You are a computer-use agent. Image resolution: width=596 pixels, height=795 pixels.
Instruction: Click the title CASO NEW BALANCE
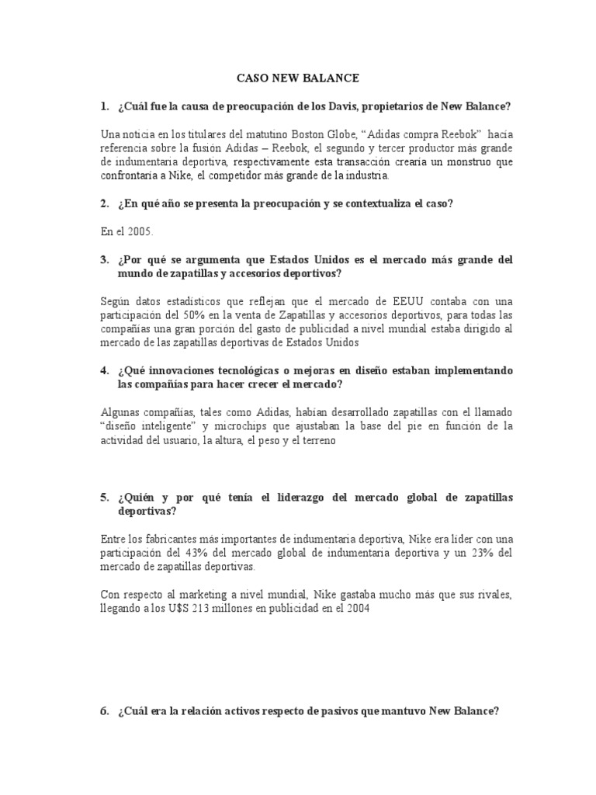click(x=298, y=78)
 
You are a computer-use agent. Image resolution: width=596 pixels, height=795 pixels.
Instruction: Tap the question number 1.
click(x=104, y=106)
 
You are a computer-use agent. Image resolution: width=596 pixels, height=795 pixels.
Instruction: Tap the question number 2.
click(x=104, y=203)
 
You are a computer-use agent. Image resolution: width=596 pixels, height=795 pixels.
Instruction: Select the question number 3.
click(x=104, y=259)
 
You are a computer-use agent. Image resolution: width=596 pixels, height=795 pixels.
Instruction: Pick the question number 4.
click(x=104, y=370)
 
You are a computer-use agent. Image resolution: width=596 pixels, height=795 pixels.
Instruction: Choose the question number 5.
click(x=104, y=497)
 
